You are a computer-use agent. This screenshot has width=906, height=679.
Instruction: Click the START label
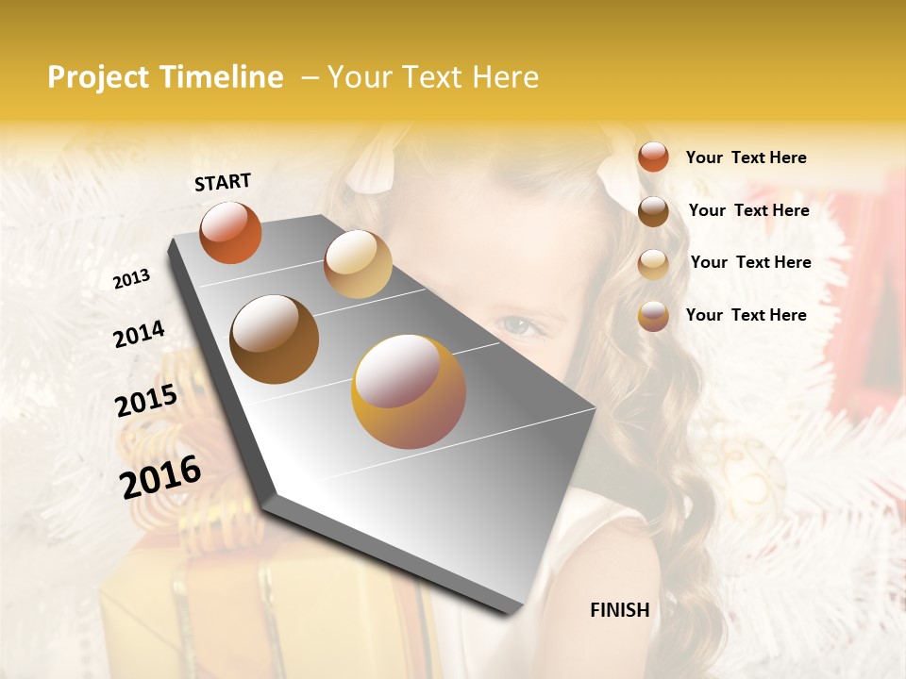point(223,182)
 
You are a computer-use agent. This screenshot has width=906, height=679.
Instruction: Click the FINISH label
point(619,610)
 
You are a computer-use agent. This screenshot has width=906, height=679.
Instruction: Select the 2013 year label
point(131,279)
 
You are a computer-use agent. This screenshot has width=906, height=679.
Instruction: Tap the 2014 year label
point(139,334)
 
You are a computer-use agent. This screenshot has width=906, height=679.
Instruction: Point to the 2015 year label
point(146,401)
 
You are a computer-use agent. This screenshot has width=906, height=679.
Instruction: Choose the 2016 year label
point(160,476)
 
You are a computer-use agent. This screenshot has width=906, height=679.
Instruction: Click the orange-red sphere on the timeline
point(230,233)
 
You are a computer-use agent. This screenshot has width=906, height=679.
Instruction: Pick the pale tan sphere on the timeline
point(358,264)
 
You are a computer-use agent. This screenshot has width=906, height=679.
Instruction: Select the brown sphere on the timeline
point(274,339)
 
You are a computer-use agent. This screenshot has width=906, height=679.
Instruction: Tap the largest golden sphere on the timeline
point(409,391)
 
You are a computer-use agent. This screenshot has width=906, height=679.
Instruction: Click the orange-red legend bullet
point(653,157)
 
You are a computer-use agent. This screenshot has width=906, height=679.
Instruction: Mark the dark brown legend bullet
point(653,210)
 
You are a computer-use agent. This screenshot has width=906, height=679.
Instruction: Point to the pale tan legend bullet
point(653,263)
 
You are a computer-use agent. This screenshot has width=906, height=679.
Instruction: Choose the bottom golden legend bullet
point(653,316)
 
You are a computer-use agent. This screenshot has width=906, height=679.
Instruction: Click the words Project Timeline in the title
point(165,77)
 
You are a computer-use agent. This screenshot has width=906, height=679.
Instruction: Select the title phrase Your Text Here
point(433,77)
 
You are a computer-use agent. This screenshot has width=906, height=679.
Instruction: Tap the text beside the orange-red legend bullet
point(746,157)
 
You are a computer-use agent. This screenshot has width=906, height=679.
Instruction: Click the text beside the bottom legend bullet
point(746,315)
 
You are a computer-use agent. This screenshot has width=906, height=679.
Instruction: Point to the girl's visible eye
point(520,326)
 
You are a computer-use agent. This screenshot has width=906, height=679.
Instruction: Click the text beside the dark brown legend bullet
point(748,210)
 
